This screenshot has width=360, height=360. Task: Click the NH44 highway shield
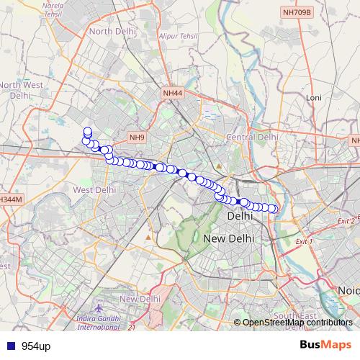pyautogui.click(x=173, y=93)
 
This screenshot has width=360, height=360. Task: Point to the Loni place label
pyautogui.click(x=313, y=96)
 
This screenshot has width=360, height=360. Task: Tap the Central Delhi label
pyautogui.click(x=251, y=137)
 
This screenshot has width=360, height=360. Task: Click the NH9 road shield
pyautogui.click(x=137, y=137)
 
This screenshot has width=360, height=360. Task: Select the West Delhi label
pyautogui.click(x=94, y=190)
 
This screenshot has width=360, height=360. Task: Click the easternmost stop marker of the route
pyautogui.click(x=274, y=209)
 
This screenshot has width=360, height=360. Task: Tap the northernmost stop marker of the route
pyautogui.click(x=88, y=131)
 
